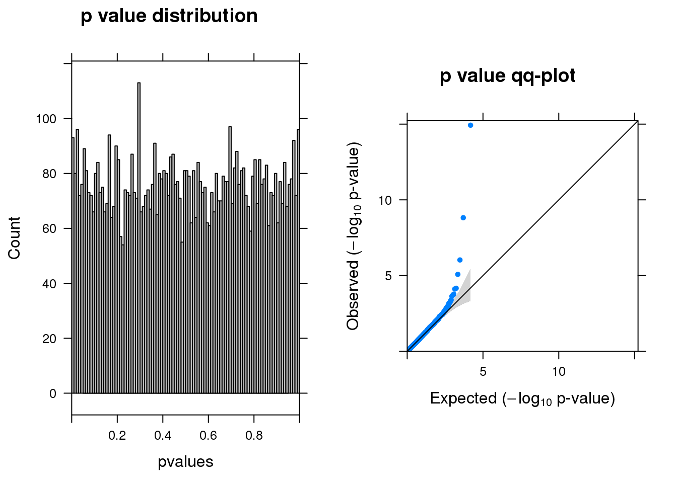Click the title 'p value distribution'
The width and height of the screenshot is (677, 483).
click(x=169, y=16)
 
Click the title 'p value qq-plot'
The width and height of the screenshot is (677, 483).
click(x=507, y=76)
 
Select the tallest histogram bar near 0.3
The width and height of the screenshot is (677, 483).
click(x=139, y=236)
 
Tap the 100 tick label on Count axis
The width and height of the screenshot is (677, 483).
click(x=46, y=119)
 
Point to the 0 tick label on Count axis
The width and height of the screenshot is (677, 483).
click(x=53, y=394)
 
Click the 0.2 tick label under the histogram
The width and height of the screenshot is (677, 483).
click(x=117, y=435)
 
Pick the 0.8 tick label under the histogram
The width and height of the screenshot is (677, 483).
click(x=254, y=435)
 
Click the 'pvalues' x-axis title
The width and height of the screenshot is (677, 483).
click(x=185, y=462)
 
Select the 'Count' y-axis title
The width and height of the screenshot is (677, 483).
click(x=14, y=238)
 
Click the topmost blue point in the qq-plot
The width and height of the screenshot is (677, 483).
click(x=470, y=125)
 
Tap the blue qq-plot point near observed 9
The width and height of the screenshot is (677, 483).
click(x=463, y=218)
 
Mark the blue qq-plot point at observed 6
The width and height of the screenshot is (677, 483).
click(x=460, y=260)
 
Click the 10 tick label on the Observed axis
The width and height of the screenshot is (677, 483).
click(x=385, y=201)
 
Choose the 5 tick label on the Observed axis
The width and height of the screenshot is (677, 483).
click(x=388, y=276)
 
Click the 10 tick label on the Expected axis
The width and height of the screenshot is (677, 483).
click(x=559, y=372)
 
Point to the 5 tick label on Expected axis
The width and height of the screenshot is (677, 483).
click(x=483, y=372)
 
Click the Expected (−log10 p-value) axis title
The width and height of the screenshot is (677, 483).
click(x=522, y=398)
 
